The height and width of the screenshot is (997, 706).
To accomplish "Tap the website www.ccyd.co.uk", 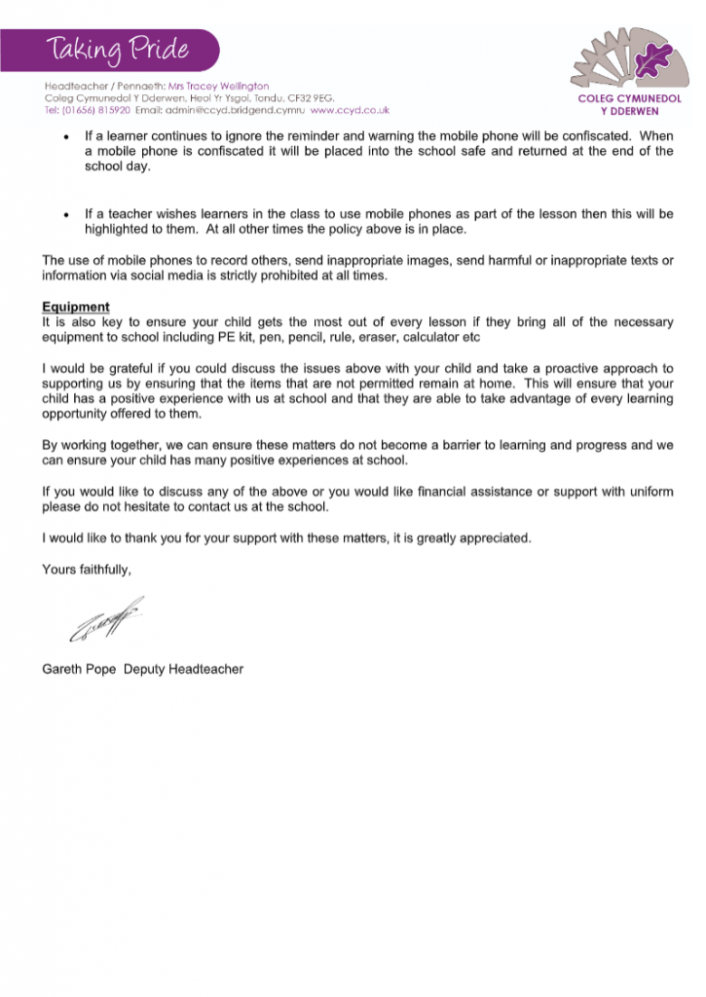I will tap(351, 110).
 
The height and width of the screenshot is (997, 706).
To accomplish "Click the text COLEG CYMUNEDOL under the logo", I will tap(629, 98).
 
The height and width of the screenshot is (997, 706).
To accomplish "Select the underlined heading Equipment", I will tap(75, 308).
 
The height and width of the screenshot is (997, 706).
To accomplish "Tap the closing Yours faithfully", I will tap(86, 569).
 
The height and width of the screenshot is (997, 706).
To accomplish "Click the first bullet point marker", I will tap(64, 137).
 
